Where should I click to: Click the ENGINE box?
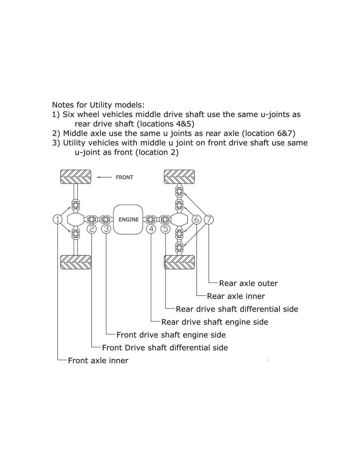point(128,219)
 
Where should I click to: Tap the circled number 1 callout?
point(58,219)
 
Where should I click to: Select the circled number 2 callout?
point(92,229)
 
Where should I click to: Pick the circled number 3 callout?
point(106,229)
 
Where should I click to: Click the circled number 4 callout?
point(151,229)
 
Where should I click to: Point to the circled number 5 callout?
point(166,229)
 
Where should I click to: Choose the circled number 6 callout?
point(196,219)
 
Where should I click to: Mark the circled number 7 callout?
point(209,219)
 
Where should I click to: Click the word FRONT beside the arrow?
point(124,178)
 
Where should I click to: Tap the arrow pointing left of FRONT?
point(104,177)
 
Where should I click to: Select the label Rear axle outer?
point(248,284)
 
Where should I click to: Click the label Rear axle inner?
point(236,296)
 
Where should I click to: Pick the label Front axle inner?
point(98,361)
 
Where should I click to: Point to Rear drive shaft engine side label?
point(214,322)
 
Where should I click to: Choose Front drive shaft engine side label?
point(171,335)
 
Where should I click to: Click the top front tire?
point(76,177)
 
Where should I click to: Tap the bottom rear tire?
point(179,262)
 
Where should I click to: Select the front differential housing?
point(76,219)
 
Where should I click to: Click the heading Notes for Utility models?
point(98,105)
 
